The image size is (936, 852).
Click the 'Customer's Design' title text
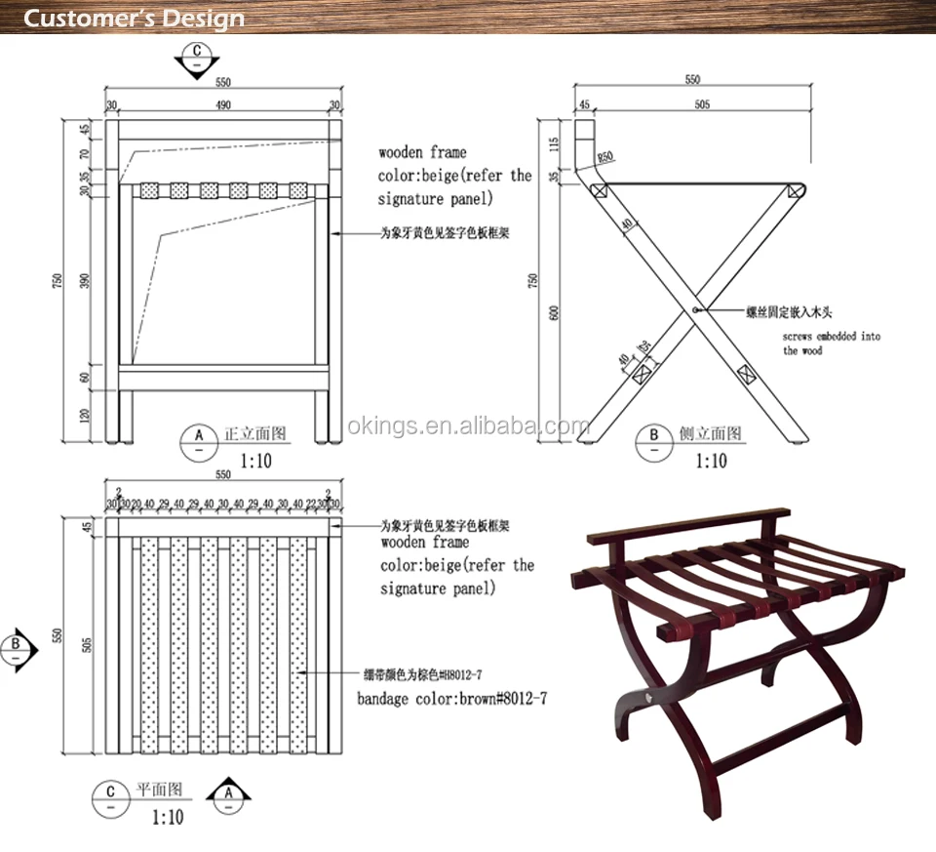(x=134, y=19)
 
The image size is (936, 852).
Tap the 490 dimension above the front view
(x=223, y=105)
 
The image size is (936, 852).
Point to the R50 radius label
(x=604, y=157)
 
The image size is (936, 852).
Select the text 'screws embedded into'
(x=832, y=337)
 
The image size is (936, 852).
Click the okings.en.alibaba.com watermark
(x=468, y=426)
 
